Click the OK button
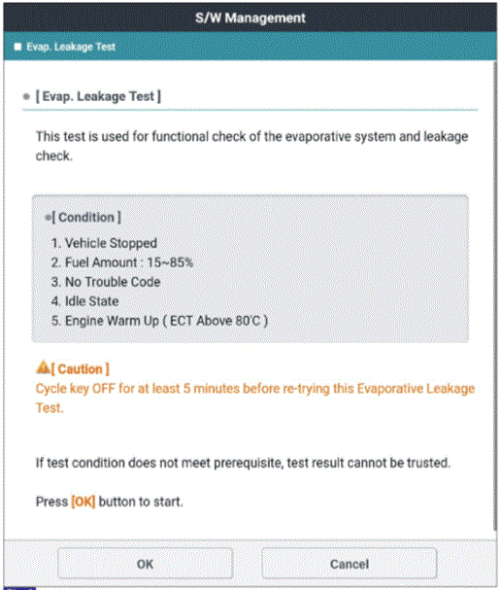tap(145, 564)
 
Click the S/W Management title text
tap(250, 17)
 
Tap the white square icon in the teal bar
tap(17, 47)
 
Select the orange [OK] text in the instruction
tap(83, 502)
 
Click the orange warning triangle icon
tap(43, 367)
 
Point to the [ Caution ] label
tap(80, 369)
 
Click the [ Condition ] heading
tap(86, 217)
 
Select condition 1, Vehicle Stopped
tap(104, 243)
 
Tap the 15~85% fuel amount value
tap(170, 262)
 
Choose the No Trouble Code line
tap(106, 282)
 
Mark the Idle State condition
tap(84, 301)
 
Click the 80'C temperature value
tap(248, 321)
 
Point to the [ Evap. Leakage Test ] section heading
tap(98, 96)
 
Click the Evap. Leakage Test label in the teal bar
tap(71, 47)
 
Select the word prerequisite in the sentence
tap(249, 464)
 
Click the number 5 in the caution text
tap(186, 389)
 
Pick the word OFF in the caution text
tap(103, 389)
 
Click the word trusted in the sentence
tap(429, 463)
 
